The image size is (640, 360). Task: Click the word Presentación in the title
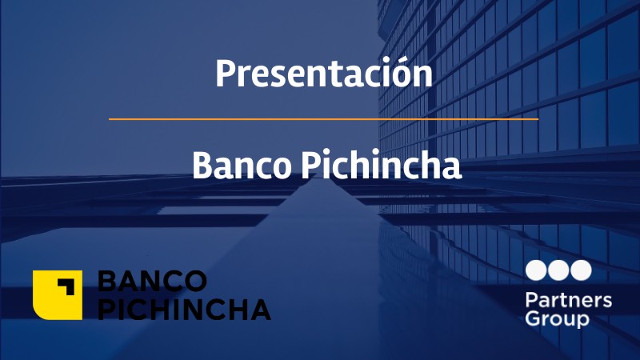(x=323, y=74)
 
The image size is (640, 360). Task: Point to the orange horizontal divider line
(x=323, y=119)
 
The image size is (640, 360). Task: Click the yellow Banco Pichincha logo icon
(x=58, y=294)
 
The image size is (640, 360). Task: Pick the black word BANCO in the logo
(x=153, y=281)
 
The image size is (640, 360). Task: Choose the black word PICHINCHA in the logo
(x=184, y=309)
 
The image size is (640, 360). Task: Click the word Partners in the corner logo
(x=569, y=301)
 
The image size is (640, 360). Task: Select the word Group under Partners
(x=558, y=319)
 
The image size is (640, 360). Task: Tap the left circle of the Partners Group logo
(x=536, y=270)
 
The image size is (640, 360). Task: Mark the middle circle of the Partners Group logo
(x=558, y=270)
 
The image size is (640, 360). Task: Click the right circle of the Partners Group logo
(x=581, y=270)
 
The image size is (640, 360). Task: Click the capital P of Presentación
(x=225, y=74)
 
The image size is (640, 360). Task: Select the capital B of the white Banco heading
(x=202, y=166)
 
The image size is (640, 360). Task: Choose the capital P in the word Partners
(x=530, y=301)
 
